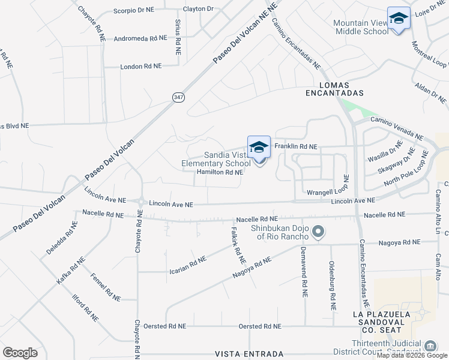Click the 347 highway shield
click(x=179, y=97)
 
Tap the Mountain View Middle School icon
click(x=399, y=19)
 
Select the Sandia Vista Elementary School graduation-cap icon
click(x=259, y=148)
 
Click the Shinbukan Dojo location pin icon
click(x=319, y=232)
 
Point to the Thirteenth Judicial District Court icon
click(x=430, y=346)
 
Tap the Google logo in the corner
click(x=20, y=353)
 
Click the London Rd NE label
click(x=141, y=67)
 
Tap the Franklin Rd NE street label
click(x=295, y=146)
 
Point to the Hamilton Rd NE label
click(x=220, y=172)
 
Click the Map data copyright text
click(x=411, y=355)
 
